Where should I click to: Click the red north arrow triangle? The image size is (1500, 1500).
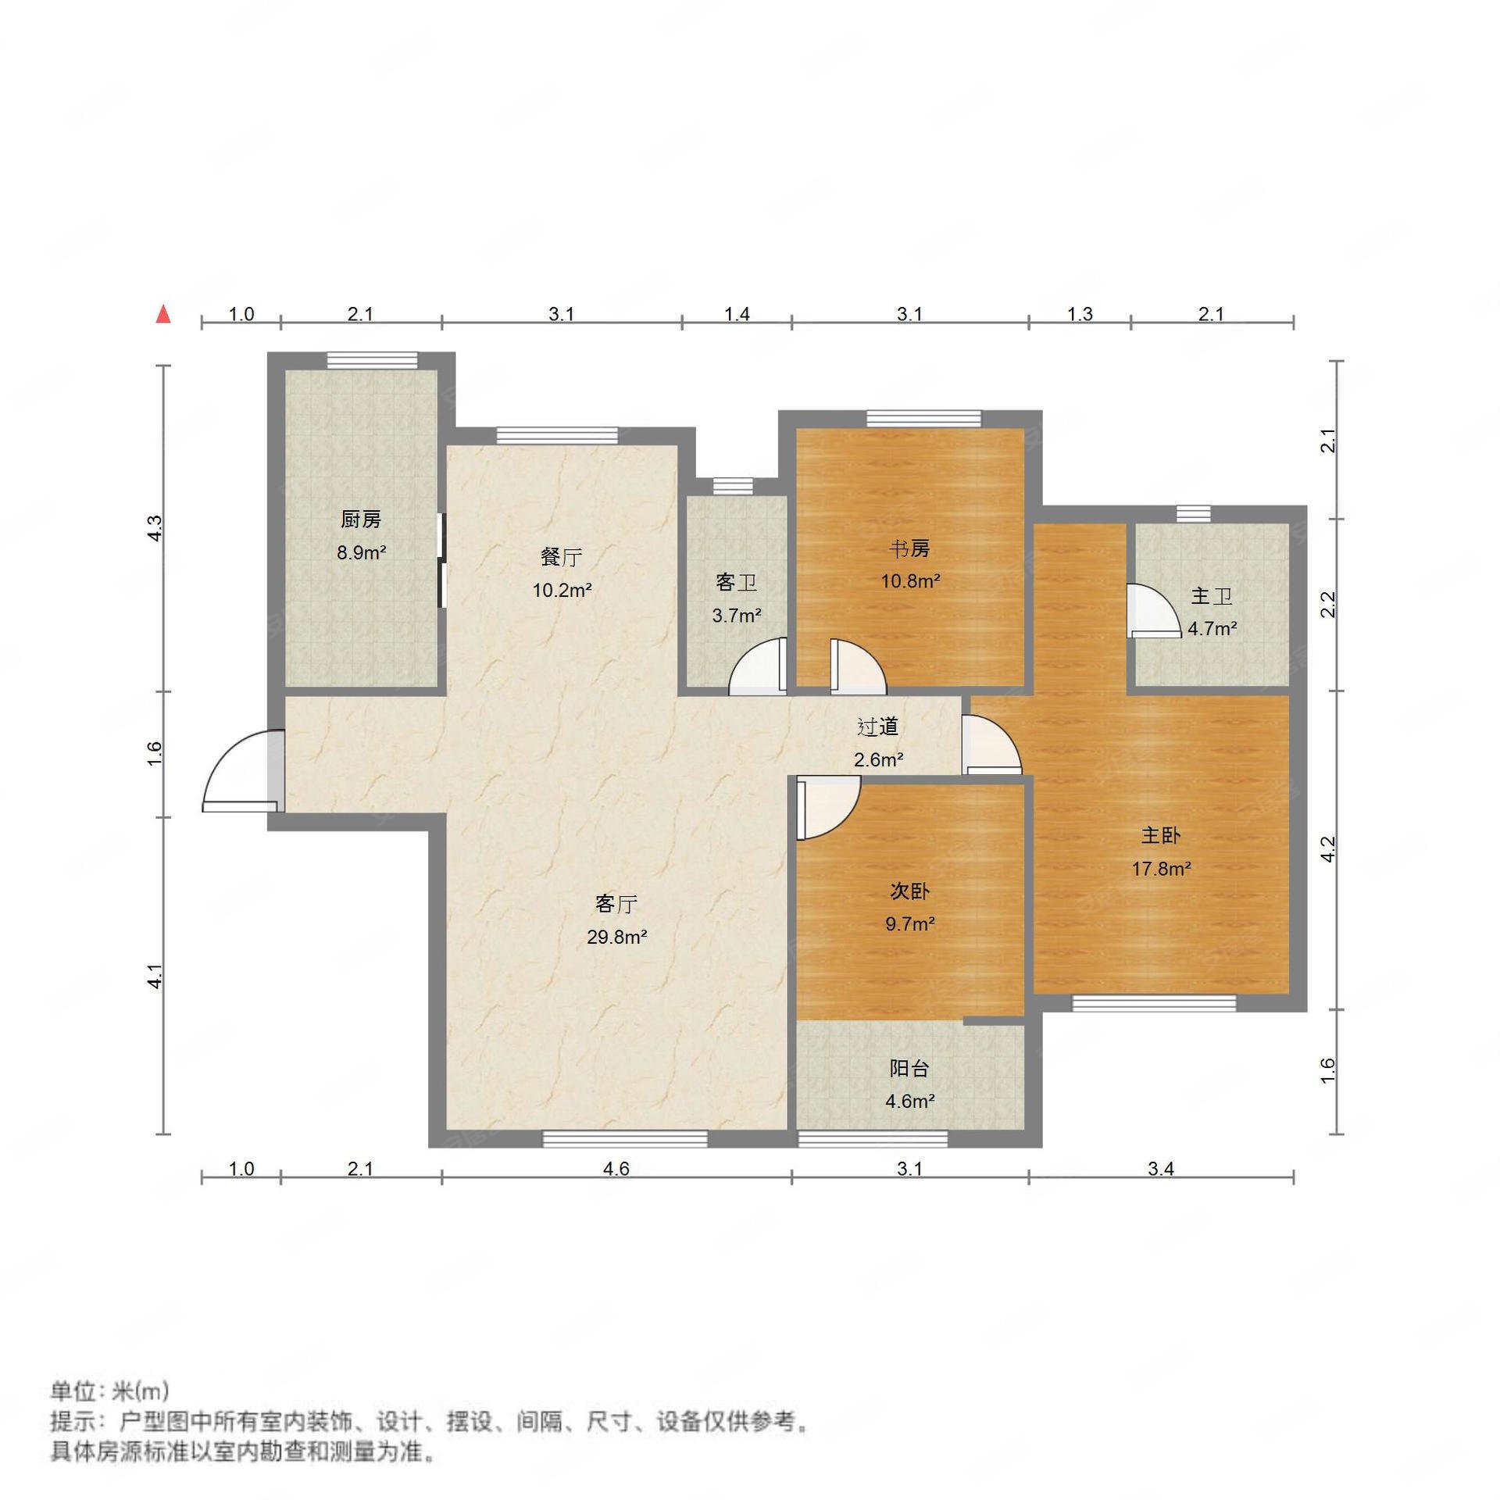(163, 314)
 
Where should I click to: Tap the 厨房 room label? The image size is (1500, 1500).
(361, 519)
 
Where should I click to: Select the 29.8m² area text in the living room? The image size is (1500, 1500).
(616, 937)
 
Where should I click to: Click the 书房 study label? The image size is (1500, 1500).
(909, 549)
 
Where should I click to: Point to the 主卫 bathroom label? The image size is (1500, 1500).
(1211, 597)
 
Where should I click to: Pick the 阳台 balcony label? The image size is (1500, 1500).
(909, 1068)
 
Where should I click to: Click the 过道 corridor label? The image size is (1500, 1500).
(877, 727)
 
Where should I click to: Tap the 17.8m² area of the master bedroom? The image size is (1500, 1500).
(1161, 868)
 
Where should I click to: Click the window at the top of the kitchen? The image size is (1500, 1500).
(372, 360)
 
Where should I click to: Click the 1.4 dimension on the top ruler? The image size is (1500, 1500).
(737, 314)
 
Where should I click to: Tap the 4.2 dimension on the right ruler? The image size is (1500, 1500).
(1328, 849)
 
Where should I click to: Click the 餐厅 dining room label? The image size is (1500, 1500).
(561, 557)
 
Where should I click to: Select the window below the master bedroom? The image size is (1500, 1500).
(1154, 1003)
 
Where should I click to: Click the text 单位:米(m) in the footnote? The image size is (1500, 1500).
(109, 1391)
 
